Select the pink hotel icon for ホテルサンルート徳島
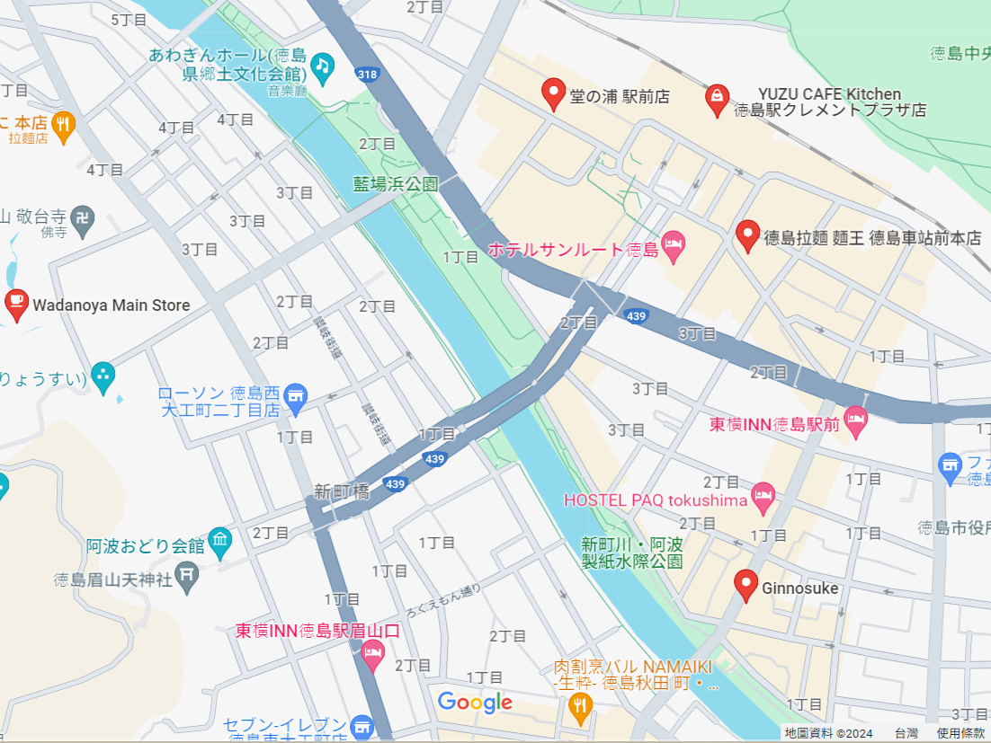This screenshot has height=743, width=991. [x=674, y=243]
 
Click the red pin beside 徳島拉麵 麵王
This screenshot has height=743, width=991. [x=747, y=235]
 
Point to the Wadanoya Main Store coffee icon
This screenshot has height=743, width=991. [x=16, y=304]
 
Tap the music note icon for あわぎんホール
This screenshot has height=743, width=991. [x=322, y=65]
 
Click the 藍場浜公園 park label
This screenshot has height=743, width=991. [x=395, y=183]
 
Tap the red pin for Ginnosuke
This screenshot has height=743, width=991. [x=745, y=585]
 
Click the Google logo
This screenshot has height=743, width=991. [x=475, y=702]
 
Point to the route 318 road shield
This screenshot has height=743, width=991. [x=366, y=75]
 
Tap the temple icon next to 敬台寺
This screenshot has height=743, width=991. [x=83, y=218]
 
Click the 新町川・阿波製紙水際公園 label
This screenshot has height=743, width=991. [x=631, y=553]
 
